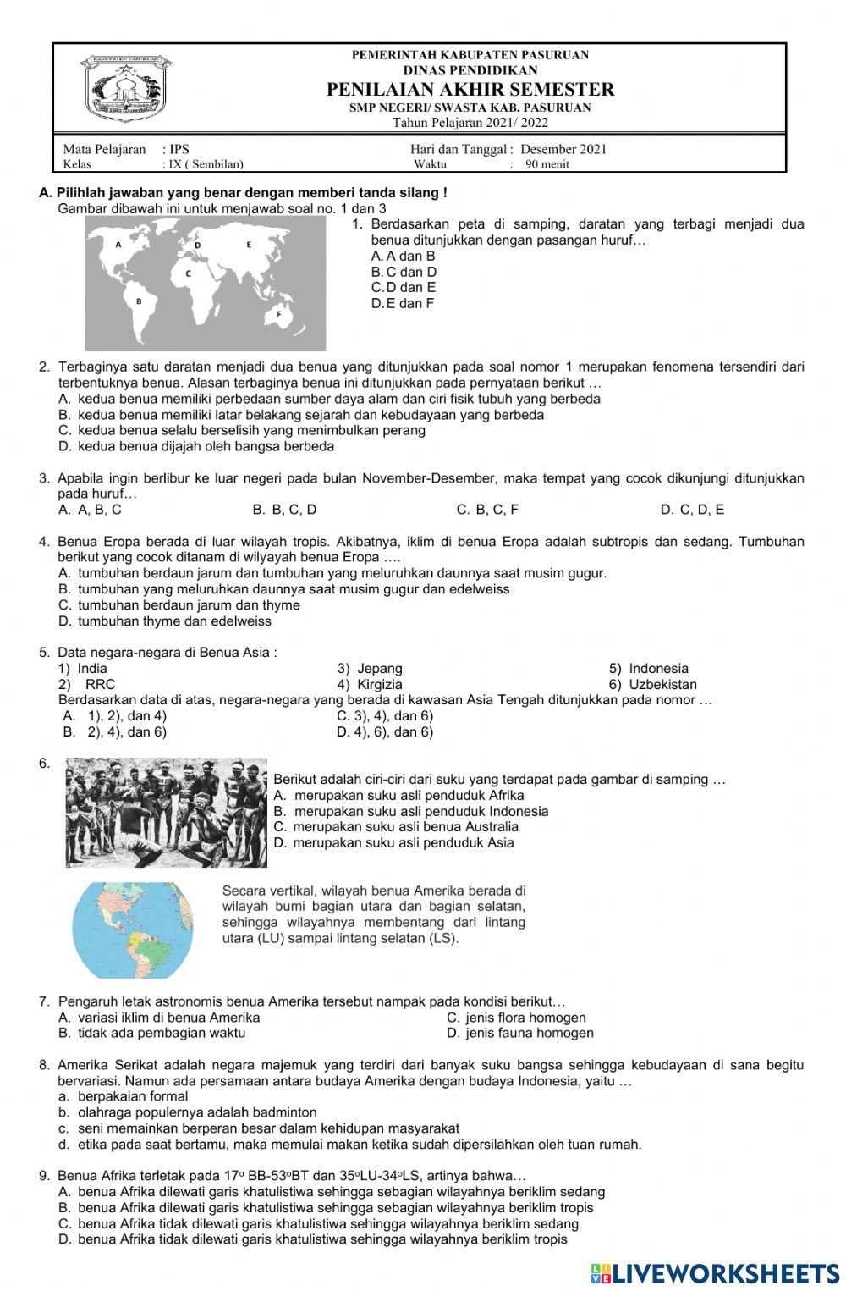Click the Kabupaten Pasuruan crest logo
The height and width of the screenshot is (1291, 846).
(125, 89)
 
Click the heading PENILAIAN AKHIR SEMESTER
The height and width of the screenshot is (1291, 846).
(470, 90)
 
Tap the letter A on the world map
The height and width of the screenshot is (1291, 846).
(118, 244)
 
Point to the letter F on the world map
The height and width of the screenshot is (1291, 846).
(278, 314)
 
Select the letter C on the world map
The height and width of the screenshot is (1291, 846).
(188, 273)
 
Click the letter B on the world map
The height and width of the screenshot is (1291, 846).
(138, 301)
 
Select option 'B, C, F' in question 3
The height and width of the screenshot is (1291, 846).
(487, 510)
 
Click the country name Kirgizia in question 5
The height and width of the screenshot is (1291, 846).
(379, 684)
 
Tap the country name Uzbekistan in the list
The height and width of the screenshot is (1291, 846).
(662, 684)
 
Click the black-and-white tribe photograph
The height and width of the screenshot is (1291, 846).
(167, 813)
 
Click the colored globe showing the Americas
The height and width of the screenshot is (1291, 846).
(133, 930)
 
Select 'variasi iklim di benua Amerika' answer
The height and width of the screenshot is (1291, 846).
(168, 1018)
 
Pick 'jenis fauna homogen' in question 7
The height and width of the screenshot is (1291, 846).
(529, 1033)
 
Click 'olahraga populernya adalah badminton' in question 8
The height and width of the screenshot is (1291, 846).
(197, 1112)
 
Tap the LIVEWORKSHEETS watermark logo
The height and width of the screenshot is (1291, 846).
(715, 1273)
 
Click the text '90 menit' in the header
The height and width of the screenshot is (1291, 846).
(547, 164)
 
